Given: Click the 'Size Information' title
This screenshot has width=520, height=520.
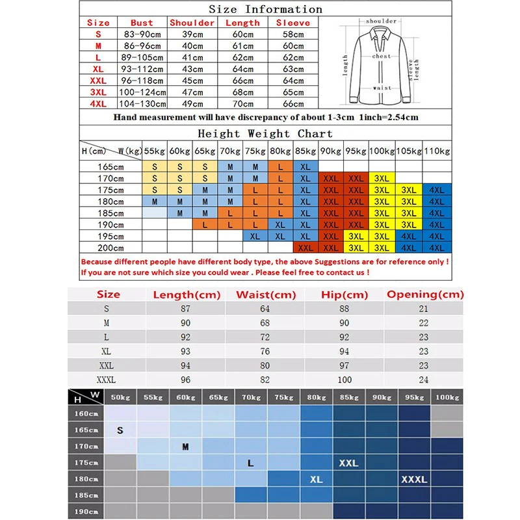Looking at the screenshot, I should click(x=265, y=9).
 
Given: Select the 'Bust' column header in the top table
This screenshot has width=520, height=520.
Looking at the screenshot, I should click(x=142, y=23).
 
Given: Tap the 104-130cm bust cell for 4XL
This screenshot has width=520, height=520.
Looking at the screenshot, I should click(x=142, y=103).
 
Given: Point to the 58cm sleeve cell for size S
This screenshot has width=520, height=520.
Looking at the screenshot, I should click(x=293, y=34).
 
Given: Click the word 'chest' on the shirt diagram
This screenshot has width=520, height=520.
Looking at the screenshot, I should click(x=382, y=57).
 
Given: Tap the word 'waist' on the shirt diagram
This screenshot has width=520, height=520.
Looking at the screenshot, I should click(x=382, y=88).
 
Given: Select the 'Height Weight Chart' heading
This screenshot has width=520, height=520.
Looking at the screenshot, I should click(x=265, y=133).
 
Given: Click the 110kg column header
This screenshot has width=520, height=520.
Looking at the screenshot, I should click(x=437, y=151).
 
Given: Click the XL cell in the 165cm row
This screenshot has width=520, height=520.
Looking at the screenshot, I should click(x=305, y=166).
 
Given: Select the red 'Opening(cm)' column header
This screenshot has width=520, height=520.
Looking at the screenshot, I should click(x=425, y=294).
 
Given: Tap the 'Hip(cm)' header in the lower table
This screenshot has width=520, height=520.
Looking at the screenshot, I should click(x=344, y=294).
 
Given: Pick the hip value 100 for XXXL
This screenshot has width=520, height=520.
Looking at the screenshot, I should click(x=344, y=380).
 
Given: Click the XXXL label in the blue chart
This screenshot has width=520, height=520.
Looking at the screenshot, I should click(x=414, y=480).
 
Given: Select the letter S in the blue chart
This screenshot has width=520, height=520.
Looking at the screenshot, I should click(x=120, y=430).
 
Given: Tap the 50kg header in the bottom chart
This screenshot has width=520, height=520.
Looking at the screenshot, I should click(x=120, y=396).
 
